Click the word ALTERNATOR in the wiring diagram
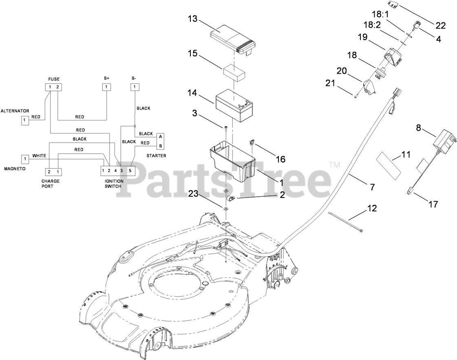15,110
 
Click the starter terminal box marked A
161,136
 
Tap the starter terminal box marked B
161,146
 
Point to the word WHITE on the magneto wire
40,156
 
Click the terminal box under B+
106,87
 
